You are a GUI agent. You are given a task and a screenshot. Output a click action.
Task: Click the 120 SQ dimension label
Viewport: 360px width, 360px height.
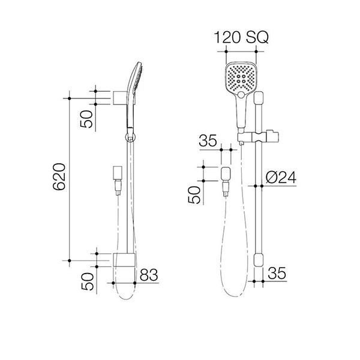pos(242,38)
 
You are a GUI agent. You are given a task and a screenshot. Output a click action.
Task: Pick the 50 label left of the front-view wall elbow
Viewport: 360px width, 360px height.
pos(194,195)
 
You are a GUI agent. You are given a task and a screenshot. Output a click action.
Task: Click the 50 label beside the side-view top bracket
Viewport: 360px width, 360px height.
pos(88,118)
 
